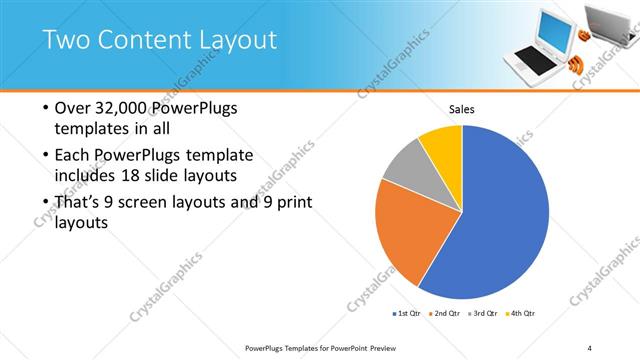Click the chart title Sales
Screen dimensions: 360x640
coord(461,110)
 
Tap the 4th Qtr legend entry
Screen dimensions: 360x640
coord(520,313)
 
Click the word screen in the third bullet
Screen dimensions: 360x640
coord(153,203)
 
